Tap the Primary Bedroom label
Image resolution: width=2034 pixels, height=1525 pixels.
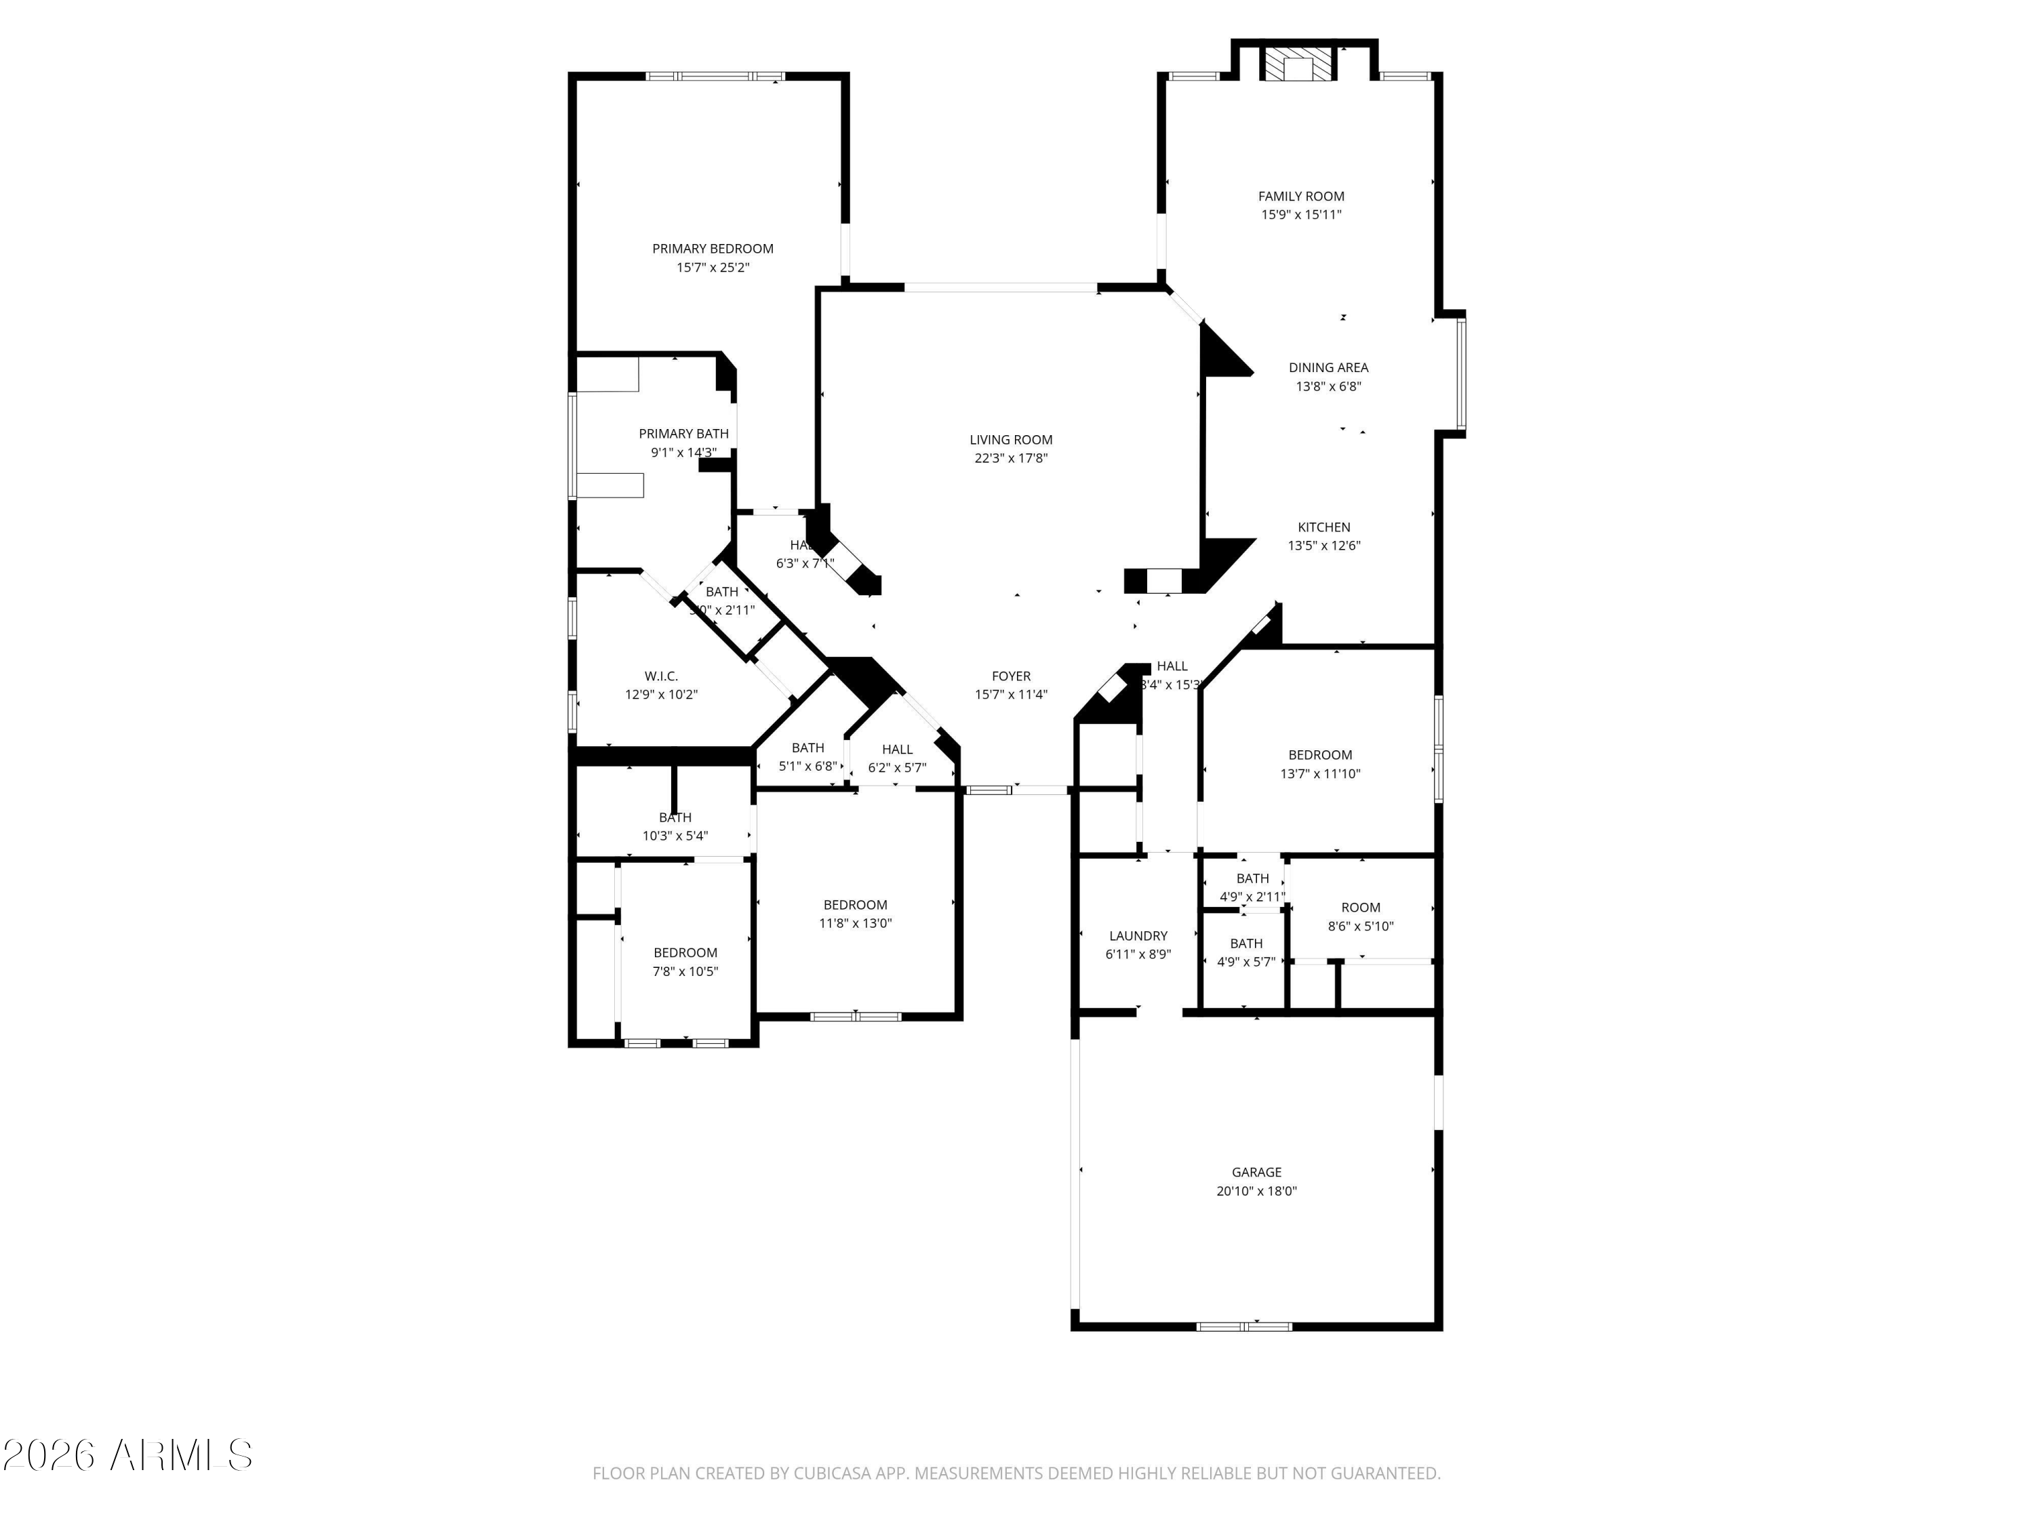[x=713, y=248]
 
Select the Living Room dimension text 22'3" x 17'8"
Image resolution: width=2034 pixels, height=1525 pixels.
[x=1011, y=457]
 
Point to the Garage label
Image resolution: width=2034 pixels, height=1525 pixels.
[x=1256, y=1172]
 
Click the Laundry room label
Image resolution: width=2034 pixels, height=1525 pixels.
[x=1138, y=936]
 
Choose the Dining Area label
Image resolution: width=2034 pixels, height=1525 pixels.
[x=1328, y=367]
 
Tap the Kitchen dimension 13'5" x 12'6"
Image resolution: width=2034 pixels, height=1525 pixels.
[x=1323, y=545]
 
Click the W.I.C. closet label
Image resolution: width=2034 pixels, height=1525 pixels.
[x=661, y=676]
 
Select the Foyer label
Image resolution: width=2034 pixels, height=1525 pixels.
[x=1011, y=676]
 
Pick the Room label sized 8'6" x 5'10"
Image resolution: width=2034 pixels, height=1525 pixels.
[x=1360, y=908]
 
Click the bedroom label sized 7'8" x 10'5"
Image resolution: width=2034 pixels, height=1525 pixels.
[x=685, y=952]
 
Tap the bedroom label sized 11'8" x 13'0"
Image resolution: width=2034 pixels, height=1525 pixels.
[x=855, y=905]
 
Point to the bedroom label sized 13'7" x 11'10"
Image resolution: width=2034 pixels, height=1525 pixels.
[x=1319, y=754]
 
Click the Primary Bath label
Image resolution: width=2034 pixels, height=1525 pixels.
[x=683, y=434]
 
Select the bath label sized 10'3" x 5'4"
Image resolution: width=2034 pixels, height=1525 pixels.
[x=675, y=817]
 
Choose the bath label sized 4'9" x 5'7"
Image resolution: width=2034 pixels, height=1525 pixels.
[x=1246, y=943]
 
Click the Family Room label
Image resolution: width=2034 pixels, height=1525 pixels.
[x=1300, y=196]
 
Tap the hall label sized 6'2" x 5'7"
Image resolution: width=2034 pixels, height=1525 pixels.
[x=896, y=749]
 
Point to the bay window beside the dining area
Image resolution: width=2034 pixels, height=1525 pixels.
[x=1460, y=373]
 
